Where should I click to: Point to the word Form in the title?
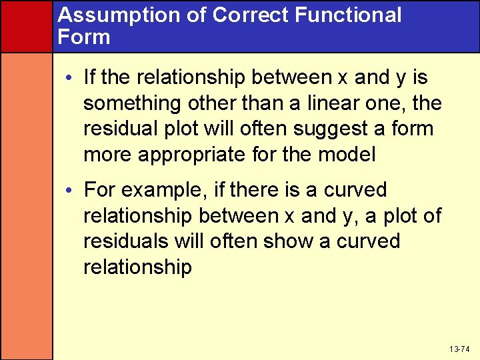click(x=83, y=37)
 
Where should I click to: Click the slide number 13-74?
click(x=459, y=349)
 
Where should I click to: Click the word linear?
click(x=325, y=104)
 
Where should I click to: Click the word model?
click(x=349, y=155)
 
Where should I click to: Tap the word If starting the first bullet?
click(x=90, y=78)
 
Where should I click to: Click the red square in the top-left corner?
click(x=26, y=25)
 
